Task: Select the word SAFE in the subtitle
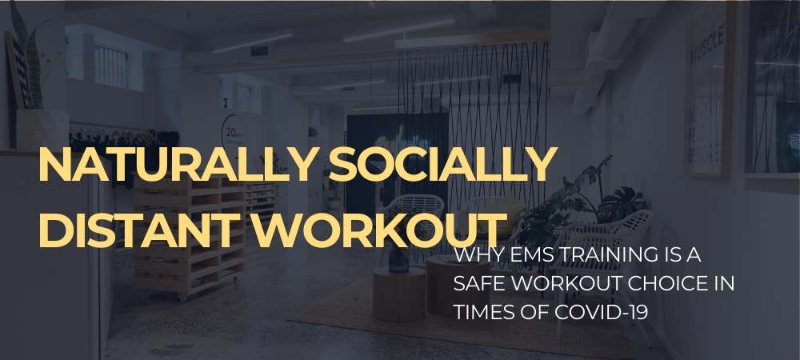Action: pos(478,284)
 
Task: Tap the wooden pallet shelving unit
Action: pos(192,240)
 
